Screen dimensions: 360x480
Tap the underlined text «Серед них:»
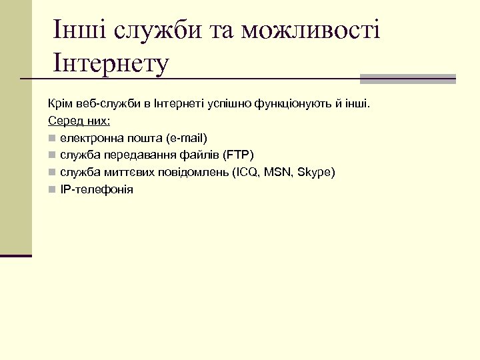[79, 121]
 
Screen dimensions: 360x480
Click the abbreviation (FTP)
[238, 155]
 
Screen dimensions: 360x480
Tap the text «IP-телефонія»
[96, 189]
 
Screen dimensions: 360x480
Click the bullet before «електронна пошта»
[52, 139]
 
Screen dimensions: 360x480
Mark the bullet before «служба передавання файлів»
[52, 156]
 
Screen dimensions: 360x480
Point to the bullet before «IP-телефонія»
[52, 190]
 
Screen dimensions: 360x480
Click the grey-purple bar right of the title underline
[407, 79]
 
